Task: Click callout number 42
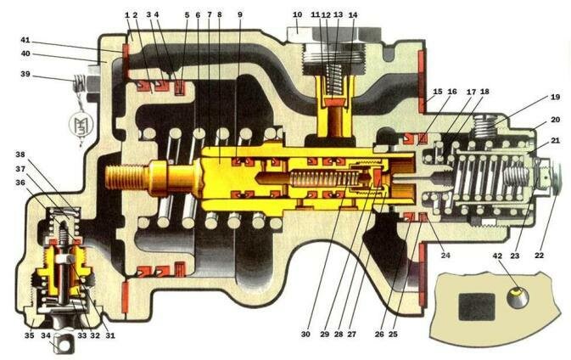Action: [x=497, y=256]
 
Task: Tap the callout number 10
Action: [x=297, y=14]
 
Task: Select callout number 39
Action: [x=25, y=74]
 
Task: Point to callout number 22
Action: [x=539, y=256]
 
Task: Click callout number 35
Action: [x=29, y=335]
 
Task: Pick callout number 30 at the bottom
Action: [x=305, y=334]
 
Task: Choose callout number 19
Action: [x=555, y=97]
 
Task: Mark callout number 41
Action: [x=25, y=40]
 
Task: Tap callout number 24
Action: [x=445, y=256]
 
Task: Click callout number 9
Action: [x=239, y=14]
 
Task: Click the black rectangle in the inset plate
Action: [x=477, y=307]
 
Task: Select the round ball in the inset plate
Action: [x=518, y=298]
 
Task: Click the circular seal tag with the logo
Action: [x=81, y=124]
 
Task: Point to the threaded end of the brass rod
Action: [x=123, y=177]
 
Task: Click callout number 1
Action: [x=127, y=15]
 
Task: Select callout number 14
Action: [x=352, y=15]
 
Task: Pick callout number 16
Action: [x=451, y=91]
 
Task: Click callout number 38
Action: [x=20, y=155]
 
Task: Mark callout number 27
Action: [x=351, y=334]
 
